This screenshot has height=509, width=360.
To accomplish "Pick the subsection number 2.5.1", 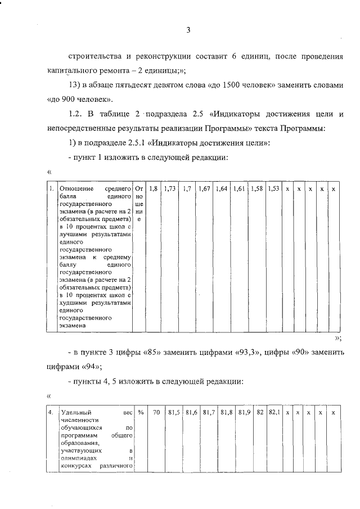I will pos(135,143).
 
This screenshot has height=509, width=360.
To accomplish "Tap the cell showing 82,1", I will pos(274,413).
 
